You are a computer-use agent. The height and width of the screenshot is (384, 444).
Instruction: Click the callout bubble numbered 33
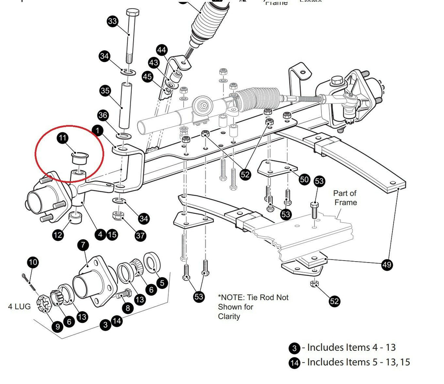(112, 21)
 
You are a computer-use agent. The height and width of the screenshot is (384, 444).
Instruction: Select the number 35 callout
(105, 91)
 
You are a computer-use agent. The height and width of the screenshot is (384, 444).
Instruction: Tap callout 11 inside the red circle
(62, 138)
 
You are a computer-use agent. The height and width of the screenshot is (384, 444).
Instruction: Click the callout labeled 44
(162, 50)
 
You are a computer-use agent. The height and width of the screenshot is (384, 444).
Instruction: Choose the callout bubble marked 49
(387, 264)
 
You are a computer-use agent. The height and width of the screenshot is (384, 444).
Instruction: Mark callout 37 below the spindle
(140, 236)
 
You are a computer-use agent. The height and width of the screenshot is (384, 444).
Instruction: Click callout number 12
(58, 235)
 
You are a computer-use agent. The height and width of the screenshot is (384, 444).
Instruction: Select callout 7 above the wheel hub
(83, 246)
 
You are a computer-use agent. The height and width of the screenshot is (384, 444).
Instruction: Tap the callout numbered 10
(33, 262)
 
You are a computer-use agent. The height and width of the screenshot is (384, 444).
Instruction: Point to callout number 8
(127, 309)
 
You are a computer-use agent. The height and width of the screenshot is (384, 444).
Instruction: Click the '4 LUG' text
(20, 306)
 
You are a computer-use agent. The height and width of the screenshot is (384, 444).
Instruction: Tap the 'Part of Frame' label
(345, 198)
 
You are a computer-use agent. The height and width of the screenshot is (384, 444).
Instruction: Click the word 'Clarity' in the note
(229, 316)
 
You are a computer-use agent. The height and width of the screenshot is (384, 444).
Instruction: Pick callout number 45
(147, 77)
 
